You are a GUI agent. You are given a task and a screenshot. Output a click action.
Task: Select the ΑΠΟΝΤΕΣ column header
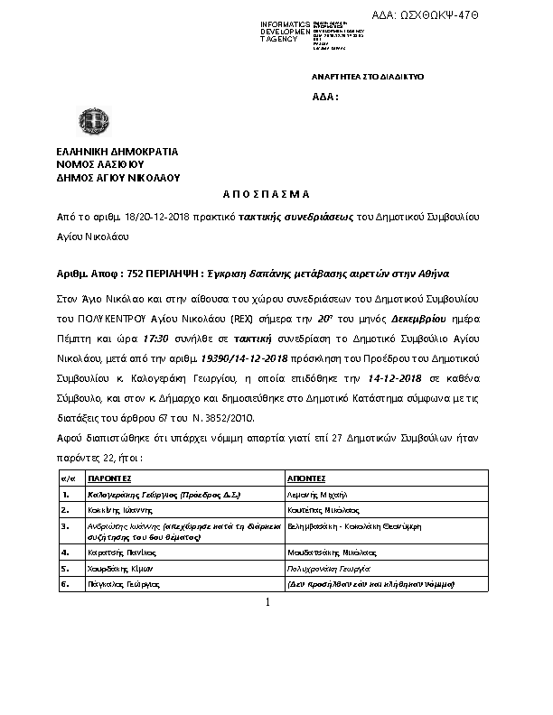pyautogui.click(x=306, y=478)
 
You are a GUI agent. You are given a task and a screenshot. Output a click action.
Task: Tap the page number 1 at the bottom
pyautogui.click(x=268, y=602)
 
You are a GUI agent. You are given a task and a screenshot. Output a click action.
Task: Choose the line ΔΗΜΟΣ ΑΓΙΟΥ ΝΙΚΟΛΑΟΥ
pyautogui.click(x=117, y=178)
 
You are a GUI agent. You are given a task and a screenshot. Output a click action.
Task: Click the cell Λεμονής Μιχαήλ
pyautogui.click(x=311, y=495)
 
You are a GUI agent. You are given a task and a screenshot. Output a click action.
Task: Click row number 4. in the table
pyautogui.click(x=65, y=550)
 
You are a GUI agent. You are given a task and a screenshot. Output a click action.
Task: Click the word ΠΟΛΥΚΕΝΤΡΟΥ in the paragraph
pyautogui.click(x=109, y=319)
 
